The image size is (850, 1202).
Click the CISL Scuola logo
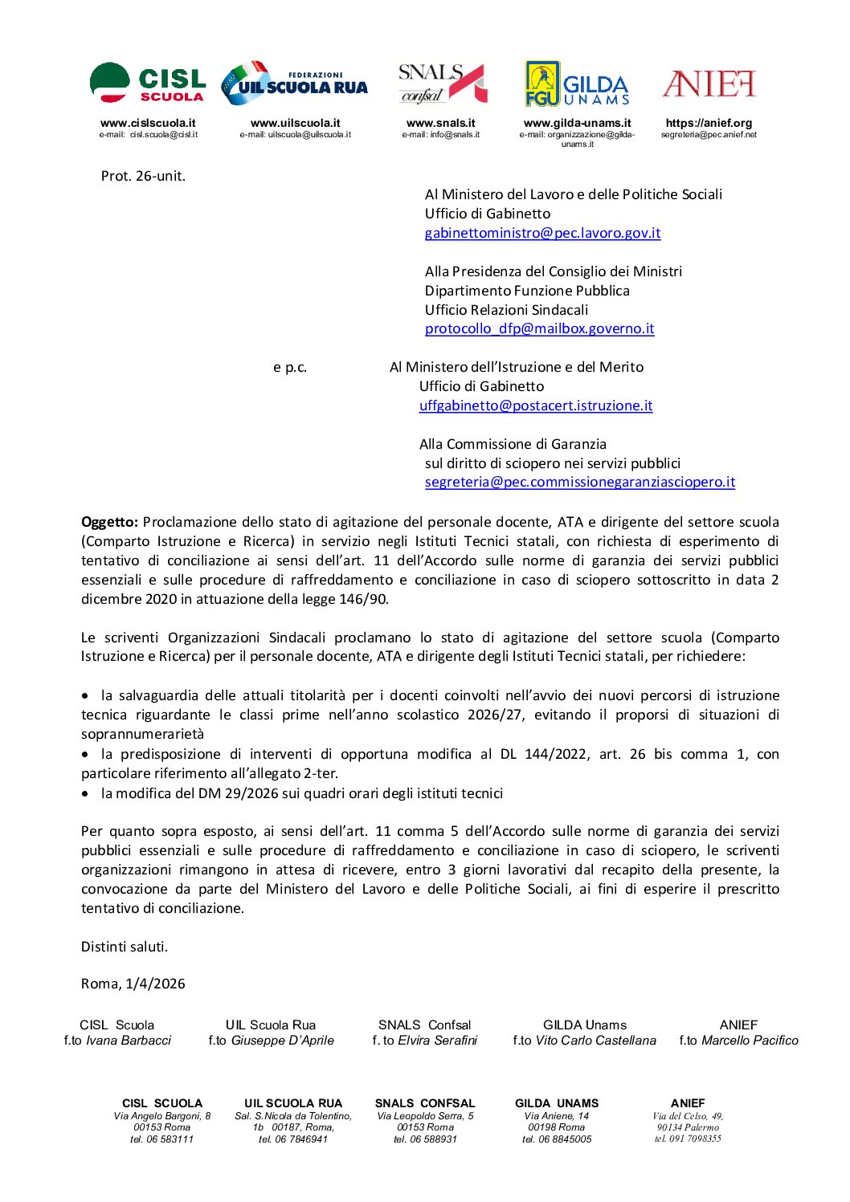click(x=148, y=84)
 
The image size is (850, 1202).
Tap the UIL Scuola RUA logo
click(x=294, y=84)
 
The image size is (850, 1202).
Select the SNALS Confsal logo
click(x=442, y=84)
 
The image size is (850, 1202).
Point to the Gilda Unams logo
click(x=577, y=84)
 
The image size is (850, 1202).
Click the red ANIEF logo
click(x=709, y=84)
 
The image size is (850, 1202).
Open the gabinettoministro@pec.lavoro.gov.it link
click(x=542, y=233)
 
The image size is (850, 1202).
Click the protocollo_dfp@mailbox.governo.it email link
click(x=539, y=328)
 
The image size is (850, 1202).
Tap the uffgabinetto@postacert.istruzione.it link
click(x=536, y=405)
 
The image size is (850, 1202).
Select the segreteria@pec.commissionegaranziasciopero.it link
click(x=579, y=482)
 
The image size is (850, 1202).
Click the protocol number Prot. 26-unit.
click(x=143, y=176)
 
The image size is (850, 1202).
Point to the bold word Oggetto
click(x=109, y=522)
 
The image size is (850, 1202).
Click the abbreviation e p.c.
click(x=290, y=367)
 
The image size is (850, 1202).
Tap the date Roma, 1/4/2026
click(x=133, y=984)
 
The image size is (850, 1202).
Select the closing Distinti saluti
click(x=125, y=947)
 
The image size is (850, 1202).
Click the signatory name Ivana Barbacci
click(x=129, y=1041)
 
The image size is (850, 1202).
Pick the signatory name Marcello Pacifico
click(x=750, y=1041)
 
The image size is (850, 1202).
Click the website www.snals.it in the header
click(x=440, y=123)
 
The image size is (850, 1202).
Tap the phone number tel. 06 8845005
click(x=557, y=1139)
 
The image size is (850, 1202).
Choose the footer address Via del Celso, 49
click(x=688, y=1116)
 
